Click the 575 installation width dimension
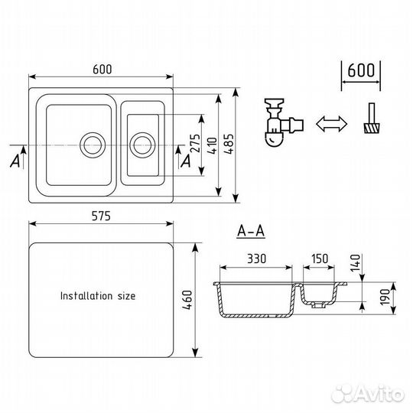[x=101, y=216]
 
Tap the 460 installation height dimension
[x=187, y=300]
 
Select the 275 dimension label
[x=195, y=143]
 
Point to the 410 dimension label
[x=213, y=145]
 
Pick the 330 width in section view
[x=256, y=259]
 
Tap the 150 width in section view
[x=320, y=259]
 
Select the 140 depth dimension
[x=355, y=262]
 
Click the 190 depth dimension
[x=385, y=297]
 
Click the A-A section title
[x=251, y=232]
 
